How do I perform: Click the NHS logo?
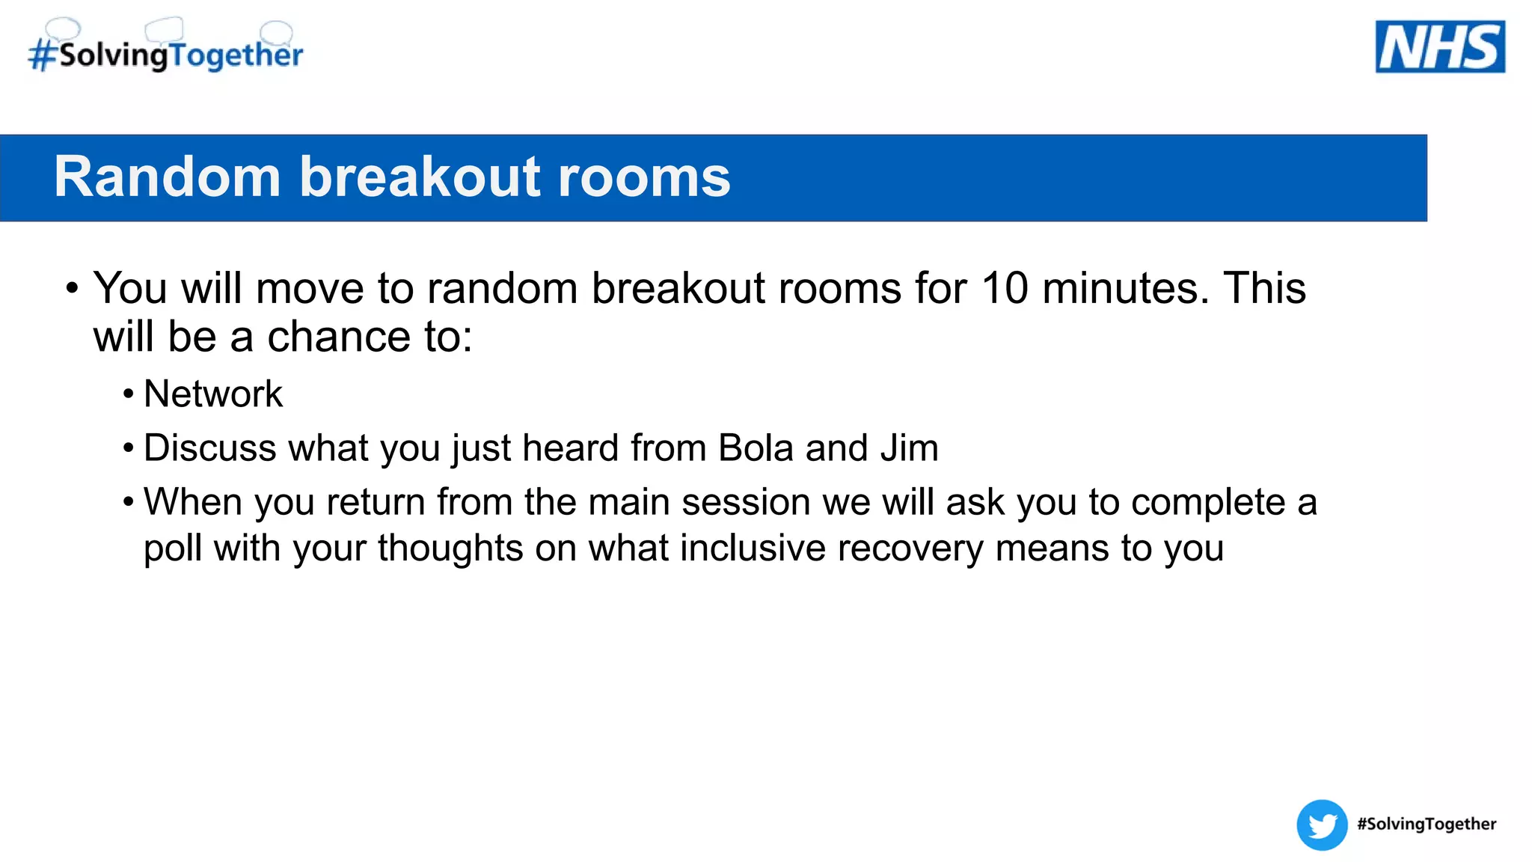click(1440, 46)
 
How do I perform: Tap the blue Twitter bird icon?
click(1322, 825)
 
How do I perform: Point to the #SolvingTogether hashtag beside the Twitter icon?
click(1427, 824)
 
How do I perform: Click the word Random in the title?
click(167, 177)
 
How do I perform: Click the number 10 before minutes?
click(1005, 288)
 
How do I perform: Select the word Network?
click(213, 394)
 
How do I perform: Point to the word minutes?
click(1125, 288)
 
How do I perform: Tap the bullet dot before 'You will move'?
click(72, 288)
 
